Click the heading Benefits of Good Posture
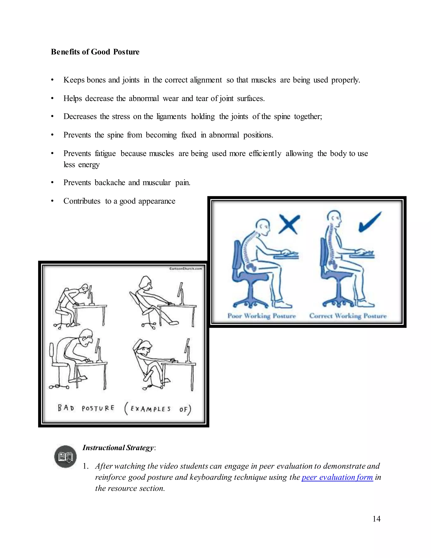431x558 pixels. coord(95,52)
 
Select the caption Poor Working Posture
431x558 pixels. coord(261,316)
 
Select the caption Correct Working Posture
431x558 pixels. coord(348,316)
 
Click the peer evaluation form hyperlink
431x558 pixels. coord(337,477)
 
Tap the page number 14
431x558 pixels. coord(376,519)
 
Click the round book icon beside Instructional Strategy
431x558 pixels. coord(65,457)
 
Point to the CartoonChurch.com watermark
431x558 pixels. coord(186,268)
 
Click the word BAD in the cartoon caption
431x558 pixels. coord(66,408)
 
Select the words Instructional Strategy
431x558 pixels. coord(118,448)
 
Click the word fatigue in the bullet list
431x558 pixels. coord(105,154)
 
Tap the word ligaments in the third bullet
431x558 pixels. coord(171,116)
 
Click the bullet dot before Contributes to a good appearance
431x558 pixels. coord(52,201)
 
